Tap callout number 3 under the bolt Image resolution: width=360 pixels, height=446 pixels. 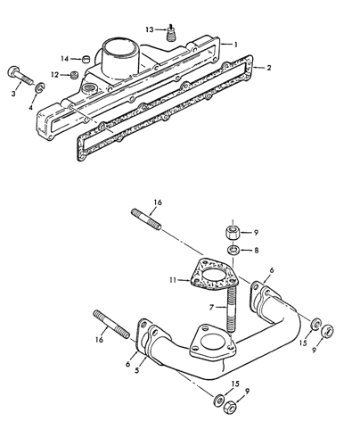click(x=12, y=92)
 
